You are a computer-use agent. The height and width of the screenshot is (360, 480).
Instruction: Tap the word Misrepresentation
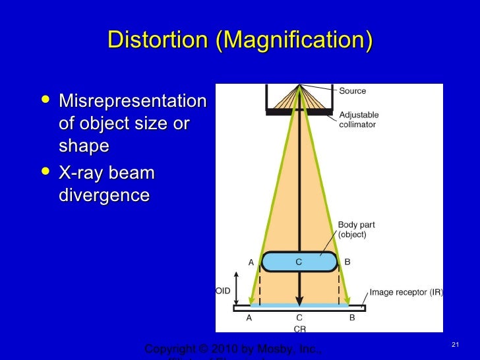(133, 102)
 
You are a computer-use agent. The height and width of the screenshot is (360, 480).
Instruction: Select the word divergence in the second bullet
(104, 196)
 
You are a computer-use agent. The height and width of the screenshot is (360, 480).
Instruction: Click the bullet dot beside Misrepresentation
(45, 101)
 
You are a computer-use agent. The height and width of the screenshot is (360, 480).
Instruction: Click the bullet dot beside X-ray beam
(45, 173)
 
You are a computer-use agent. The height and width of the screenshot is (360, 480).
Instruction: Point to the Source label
(352, 91)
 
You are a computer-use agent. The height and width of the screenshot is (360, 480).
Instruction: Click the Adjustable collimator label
(359, 119)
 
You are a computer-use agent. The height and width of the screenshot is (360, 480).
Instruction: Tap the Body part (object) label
(356, 229)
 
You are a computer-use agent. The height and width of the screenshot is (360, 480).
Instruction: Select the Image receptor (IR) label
(405, 291)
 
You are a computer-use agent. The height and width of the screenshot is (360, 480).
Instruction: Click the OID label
(223, 290)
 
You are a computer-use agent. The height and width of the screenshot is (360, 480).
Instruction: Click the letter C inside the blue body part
(299, 262)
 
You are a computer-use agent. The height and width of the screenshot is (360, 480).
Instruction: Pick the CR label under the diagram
(299, 328)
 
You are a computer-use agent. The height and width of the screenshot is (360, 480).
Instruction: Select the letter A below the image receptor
(249, 317)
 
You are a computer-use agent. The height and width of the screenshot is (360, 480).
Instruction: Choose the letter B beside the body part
(347, 262)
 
